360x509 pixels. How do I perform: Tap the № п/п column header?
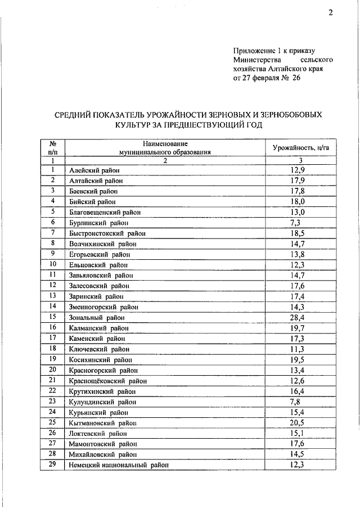[x=52, y=147]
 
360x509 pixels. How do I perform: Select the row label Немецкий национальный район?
[x=119, y=466]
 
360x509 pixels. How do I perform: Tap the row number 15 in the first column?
[x=52, y=317]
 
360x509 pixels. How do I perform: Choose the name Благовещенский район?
[x=105, y=213]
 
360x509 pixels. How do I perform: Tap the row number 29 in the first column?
[x=52, y=465]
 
